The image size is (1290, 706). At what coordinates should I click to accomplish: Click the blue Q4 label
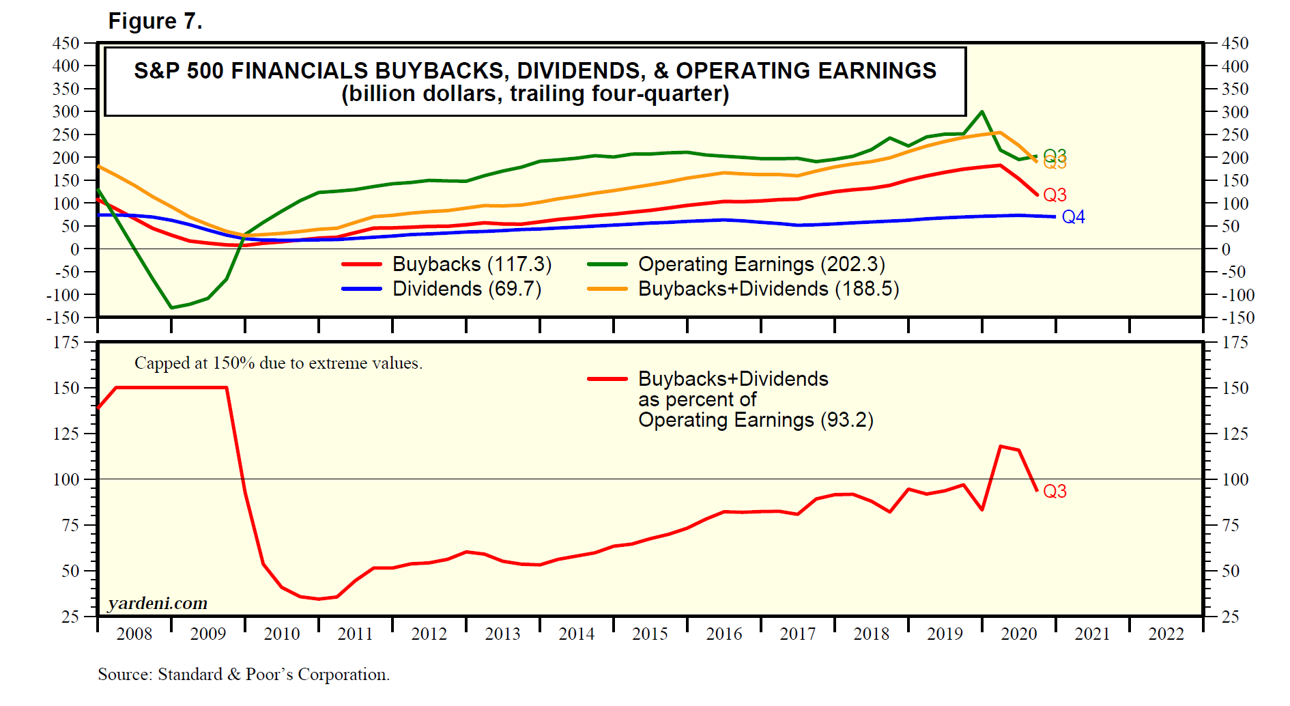pos(1073,217)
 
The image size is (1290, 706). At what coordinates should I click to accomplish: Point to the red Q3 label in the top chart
pos(1055,195)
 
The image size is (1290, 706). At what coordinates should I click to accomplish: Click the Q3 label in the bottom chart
pos(1055,492)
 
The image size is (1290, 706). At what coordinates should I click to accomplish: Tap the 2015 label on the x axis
pos(650,634)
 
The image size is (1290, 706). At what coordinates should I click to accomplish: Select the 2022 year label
pos(1166,634)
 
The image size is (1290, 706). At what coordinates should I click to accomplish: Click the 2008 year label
pos(134,634)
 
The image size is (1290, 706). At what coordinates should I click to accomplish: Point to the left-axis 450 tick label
pos(66,44)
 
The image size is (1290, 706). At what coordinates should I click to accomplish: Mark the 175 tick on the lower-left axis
pos(66,343)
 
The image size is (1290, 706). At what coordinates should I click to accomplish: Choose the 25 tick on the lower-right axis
pos(1230,617)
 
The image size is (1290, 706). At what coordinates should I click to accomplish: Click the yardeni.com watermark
pos(158,604)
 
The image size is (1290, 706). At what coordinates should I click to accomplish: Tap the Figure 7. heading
pos(155,21)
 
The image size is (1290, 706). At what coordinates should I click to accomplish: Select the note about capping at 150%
pos(278,363)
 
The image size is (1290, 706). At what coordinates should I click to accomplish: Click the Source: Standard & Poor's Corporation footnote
pos(244,675)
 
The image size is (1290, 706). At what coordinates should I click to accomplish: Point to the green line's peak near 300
pos(981,111)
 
